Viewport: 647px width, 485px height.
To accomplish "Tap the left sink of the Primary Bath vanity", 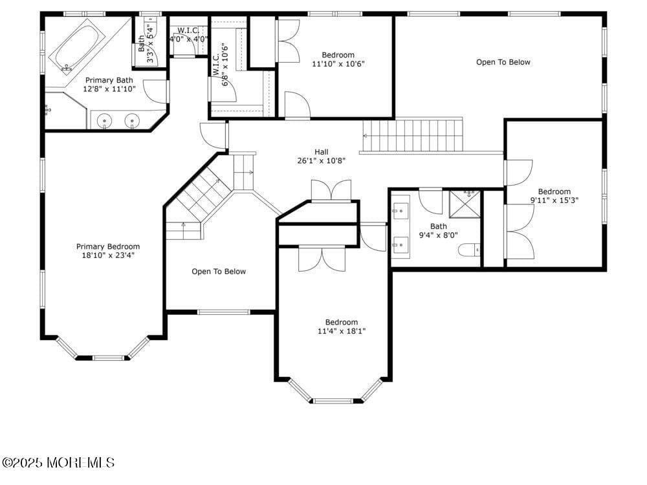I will pos(104,120).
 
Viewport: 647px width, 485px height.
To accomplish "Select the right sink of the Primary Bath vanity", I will pos(133,120).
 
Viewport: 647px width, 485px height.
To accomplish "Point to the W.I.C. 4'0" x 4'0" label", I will pos(188,34).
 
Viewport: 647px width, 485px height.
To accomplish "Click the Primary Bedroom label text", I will pos(108,246).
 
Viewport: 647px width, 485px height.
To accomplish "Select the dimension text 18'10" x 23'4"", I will pos(108,255).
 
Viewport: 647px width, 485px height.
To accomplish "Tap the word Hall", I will pos(322,152).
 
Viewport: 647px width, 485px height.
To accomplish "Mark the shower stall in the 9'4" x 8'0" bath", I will pos(465,202).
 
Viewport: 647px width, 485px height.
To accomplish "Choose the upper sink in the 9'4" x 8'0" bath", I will pos(400,210).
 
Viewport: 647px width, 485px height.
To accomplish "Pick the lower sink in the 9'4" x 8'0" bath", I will pos(400,244).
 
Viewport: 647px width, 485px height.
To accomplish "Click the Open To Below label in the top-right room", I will pos(503,62).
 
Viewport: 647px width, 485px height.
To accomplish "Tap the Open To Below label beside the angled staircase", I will pos(219,272).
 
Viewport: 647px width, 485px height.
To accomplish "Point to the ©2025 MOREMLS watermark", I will pos(58,462).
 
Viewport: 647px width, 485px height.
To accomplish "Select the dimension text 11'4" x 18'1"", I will pos(341,332).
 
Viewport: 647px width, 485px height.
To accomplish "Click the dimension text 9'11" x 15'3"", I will pos(554,200).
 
